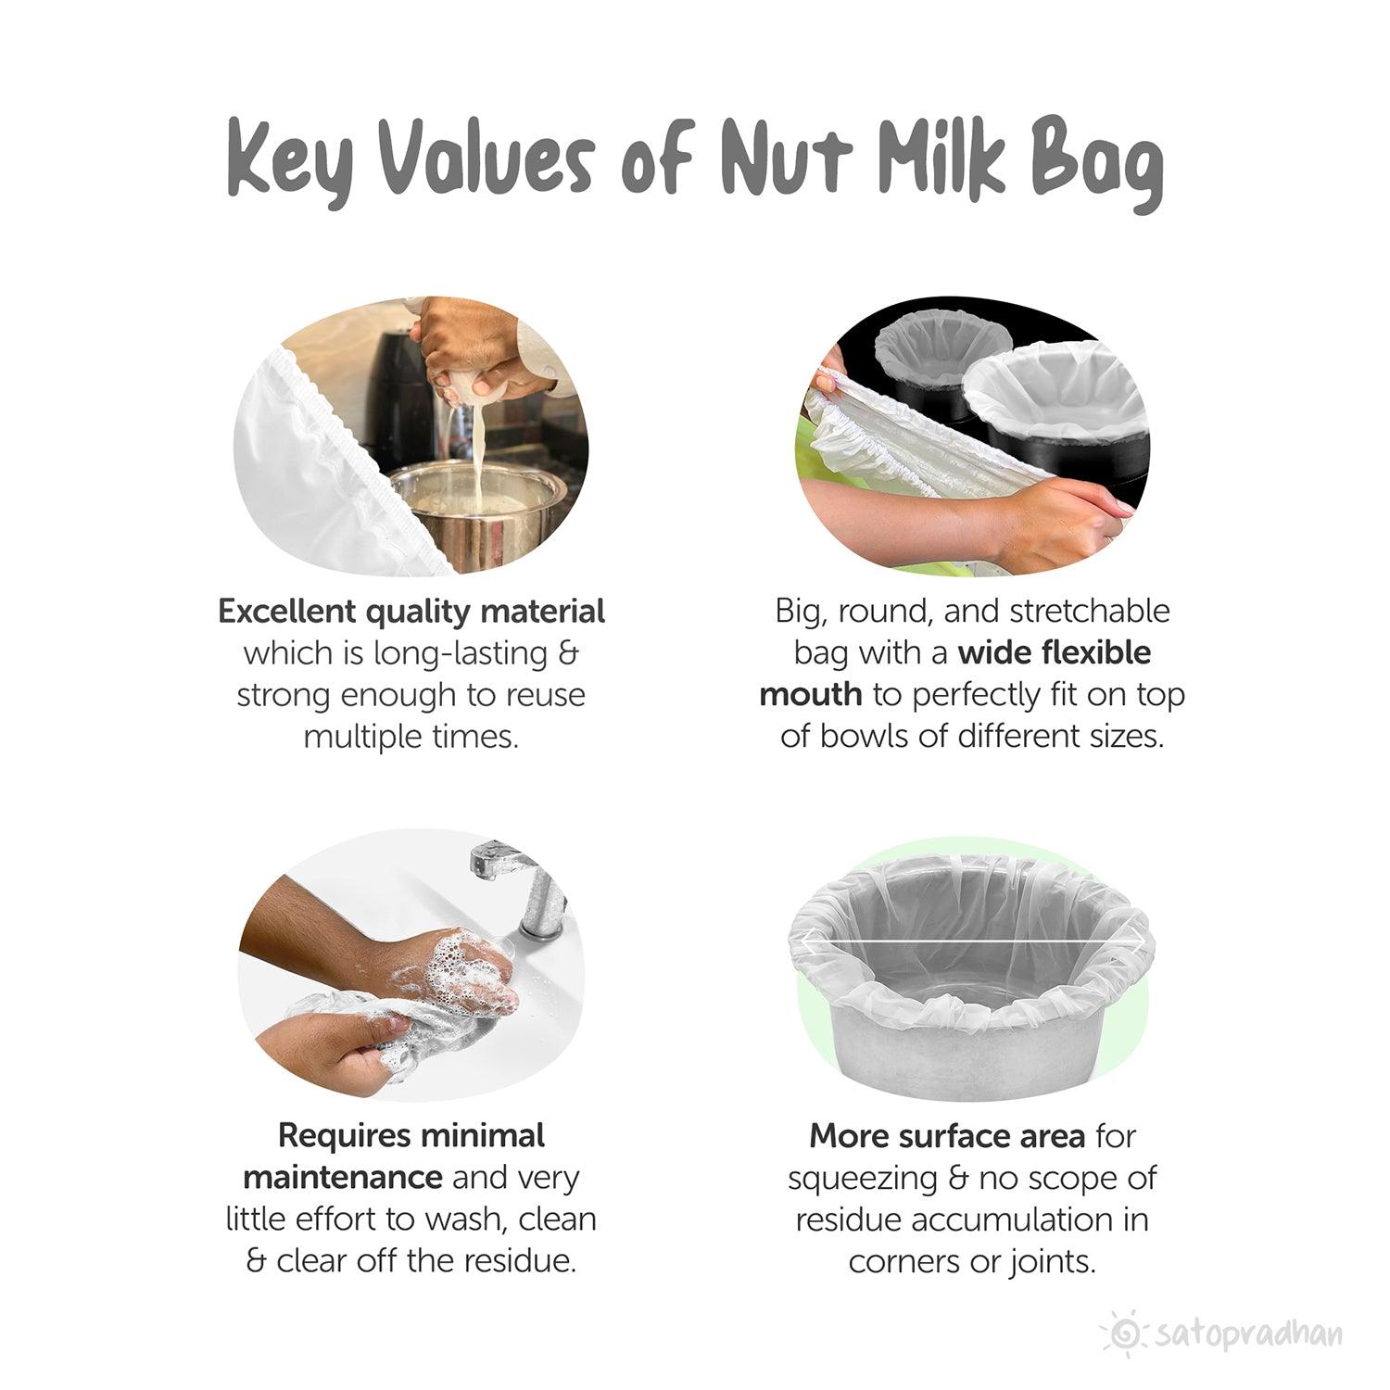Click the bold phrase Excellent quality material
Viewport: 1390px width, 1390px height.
[x=411, y=612]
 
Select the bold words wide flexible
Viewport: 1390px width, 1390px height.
[x=1055, y=653]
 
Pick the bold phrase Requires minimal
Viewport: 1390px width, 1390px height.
[x=411, y=1135]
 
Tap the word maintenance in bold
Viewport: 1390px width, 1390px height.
[x=343, y=1177]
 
